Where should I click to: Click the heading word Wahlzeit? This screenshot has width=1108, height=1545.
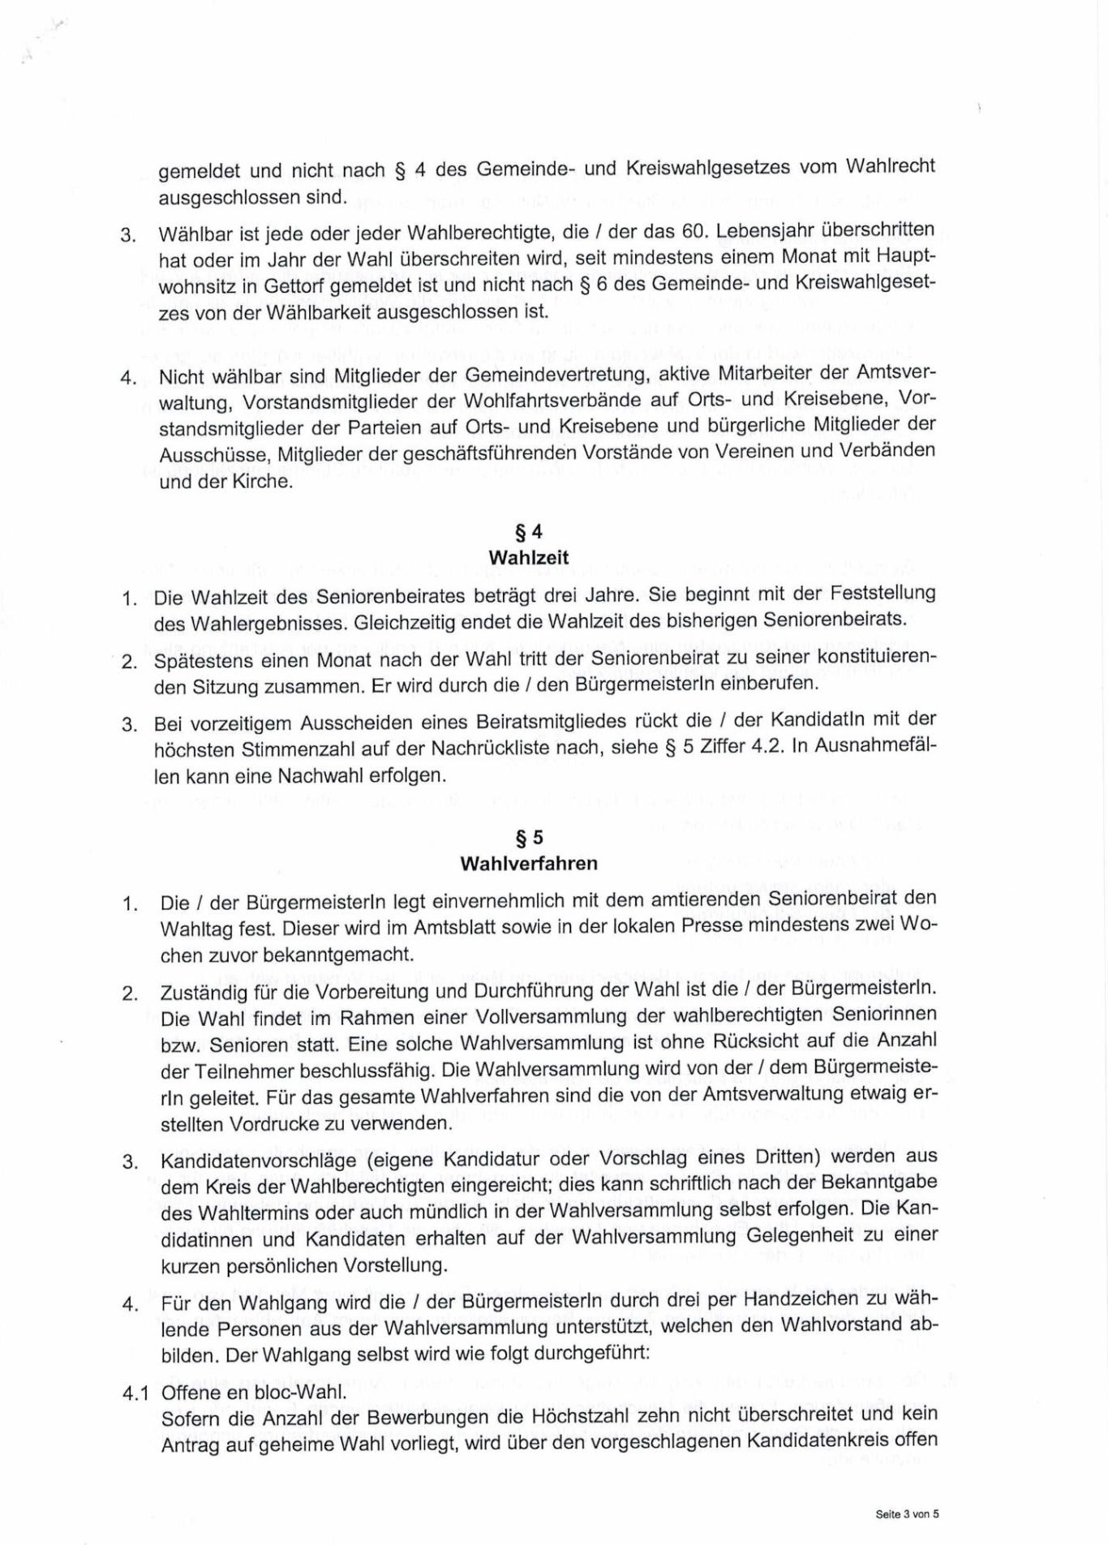point(528,558)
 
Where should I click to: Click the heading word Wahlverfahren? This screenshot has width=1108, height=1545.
point(528,864)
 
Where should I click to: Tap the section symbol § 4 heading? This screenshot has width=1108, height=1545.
point(528,533)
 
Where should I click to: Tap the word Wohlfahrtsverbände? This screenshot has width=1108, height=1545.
point(531,401)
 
